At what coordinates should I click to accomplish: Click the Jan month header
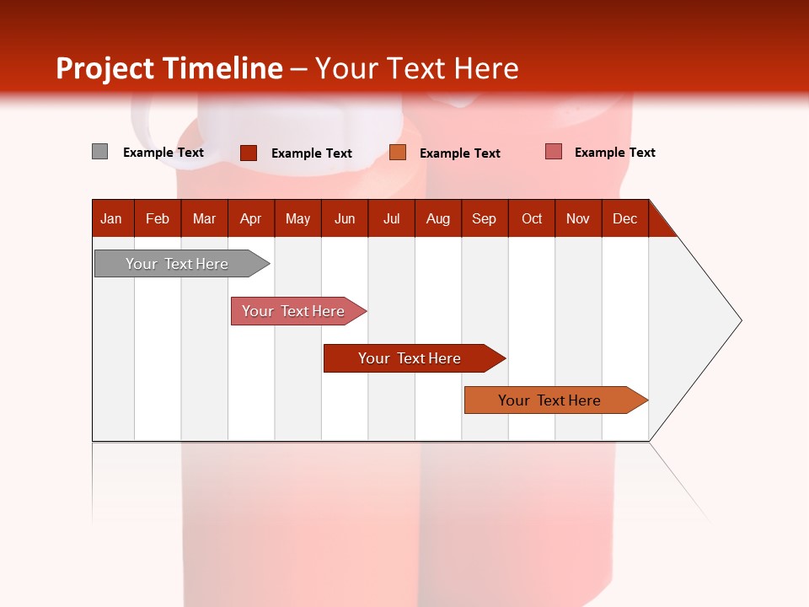pyautogui.click(x=112, y=218)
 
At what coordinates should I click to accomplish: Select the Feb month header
pyautogui.click(x=158, y=218)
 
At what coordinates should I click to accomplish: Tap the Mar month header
pyautogui.click(x=204, y=218)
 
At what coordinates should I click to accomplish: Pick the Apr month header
pyautogui.click(x=251, y=218)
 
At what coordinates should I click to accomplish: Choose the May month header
pyautogui.click(x=297, y=218)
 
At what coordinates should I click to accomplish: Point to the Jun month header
pyautogui.click(x=345, y=218)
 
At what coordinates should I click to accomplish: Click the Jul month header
pyautogui.click(x=391, y=218)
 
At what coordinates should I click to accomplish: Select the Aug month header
pyautogui.click(x=438, y=218)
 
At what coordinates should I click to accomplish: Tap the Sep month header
pyautogui.click(x=485, y=218)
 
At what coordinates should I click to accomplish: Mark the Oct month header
pyautogui.click(x=532, y=218)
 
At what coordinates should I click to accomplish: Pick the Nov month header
pyautogui.click(x=578, y=218)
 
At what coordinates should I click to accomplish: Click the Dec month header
pyautogui.click(x=625, y=218)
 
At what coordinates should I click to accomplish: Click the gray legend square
pyautogui.click(x=100, y=152)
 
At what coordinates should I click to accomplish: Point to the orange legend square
pyautogui.click(x=398, y=152)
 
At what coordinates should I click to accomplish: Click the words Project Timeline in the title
pyautogui.click(x=169, y=68)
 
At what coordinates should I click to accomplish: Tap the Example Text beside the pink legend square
pyautogui.click(x=614, y=152)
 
